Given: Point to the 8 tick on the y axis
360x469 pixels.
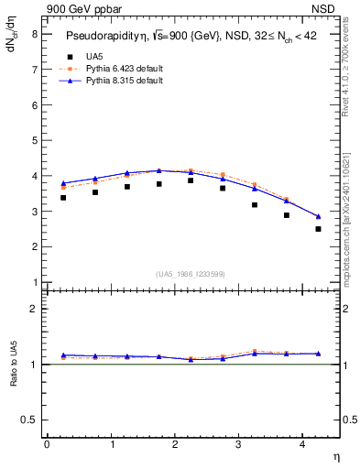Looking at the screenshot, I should [x=34, y=34].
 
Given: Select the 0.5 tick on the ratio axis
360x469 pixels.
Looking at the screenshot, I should [x=30, y=420].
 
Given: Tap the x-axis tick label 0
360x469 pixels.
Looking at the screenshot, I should [x=47, y=444].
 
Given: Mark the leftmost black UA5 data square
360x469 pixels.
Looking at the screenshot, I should [x=63, y=197].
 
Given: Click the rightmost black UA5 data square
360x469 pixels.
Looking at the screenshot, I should [x=318, y=229].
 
